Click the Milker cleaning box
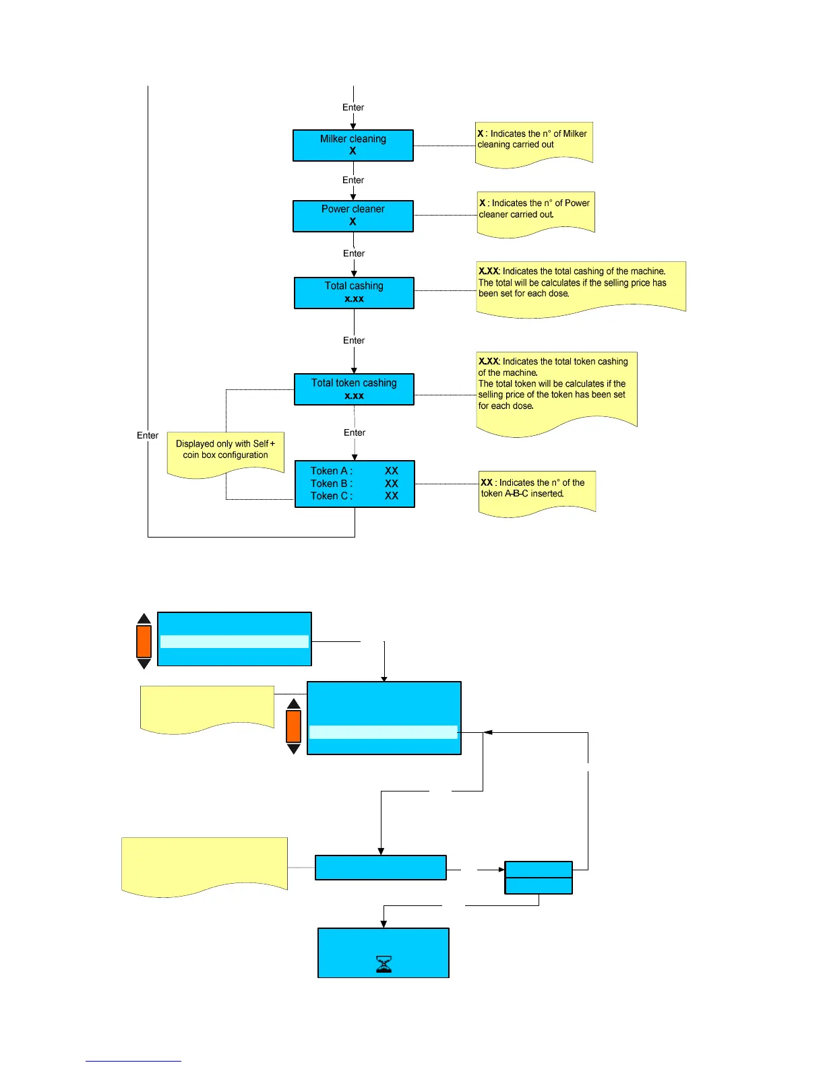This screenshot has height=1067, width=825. coord(353,145)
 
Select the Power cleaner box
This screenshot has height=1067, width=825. coord(353,216)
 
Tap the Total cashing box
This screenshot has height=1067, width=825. coord(354,292)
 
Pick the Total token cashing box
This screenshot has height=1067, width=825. coord(354,389)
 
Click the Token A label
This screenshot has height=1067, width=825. coord(331,471)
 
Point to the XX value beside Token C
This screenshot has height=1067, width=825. coord(392,496)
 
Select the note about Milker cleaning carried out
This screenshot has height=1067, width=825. coord(533,141)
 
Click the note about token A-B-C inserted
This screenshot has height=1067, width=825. coord(537,491)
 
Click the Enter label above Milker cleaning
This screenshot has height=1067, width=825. coord(353,107)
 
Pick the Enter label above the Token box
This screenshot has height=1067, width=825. coord(355,432)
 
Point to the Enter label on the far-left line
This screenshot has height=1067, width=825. coord(148,435)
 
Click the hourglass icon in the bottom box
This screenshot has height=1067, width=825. coord(384,965)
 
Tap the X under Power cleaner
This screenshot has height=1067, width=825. coord(353,222)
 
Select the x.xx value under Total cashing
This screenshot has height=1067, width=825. coord(354,298)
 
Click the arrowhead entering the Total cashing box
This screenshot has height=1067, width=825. coord(354,273)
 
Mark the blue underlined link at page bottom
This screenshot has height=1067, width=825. coord(133,1060)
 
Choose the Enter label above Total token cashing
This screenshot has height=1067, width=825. coord(354,340)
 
